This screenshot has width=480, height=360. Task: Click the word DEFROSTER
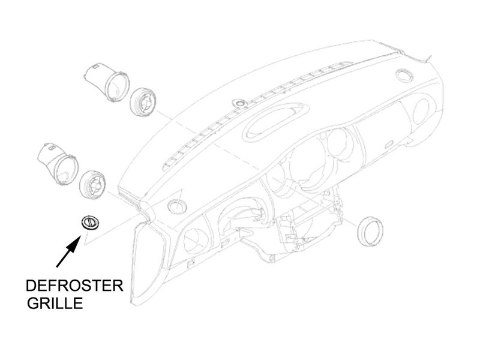click(74, 286)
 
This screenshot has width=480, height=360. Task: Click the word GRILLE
click(55, 303)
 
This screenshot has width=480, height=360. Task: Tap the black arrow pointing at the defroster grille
click(69, 251)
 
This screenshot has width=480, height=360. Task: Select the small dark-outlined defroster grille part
click(91, 223)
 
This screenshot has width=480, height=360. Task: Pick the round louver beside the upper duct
click(143, 101)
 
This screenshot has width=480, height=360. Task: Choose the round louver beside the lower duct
click(92, 185)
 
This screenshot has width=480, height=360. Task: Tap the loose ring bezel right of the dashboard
click(370, 231)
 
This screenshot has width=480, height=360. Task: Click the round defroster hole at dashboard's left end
click(177, 206)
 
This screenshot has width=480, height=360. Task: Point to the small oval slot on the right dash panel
click(389, 144)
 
